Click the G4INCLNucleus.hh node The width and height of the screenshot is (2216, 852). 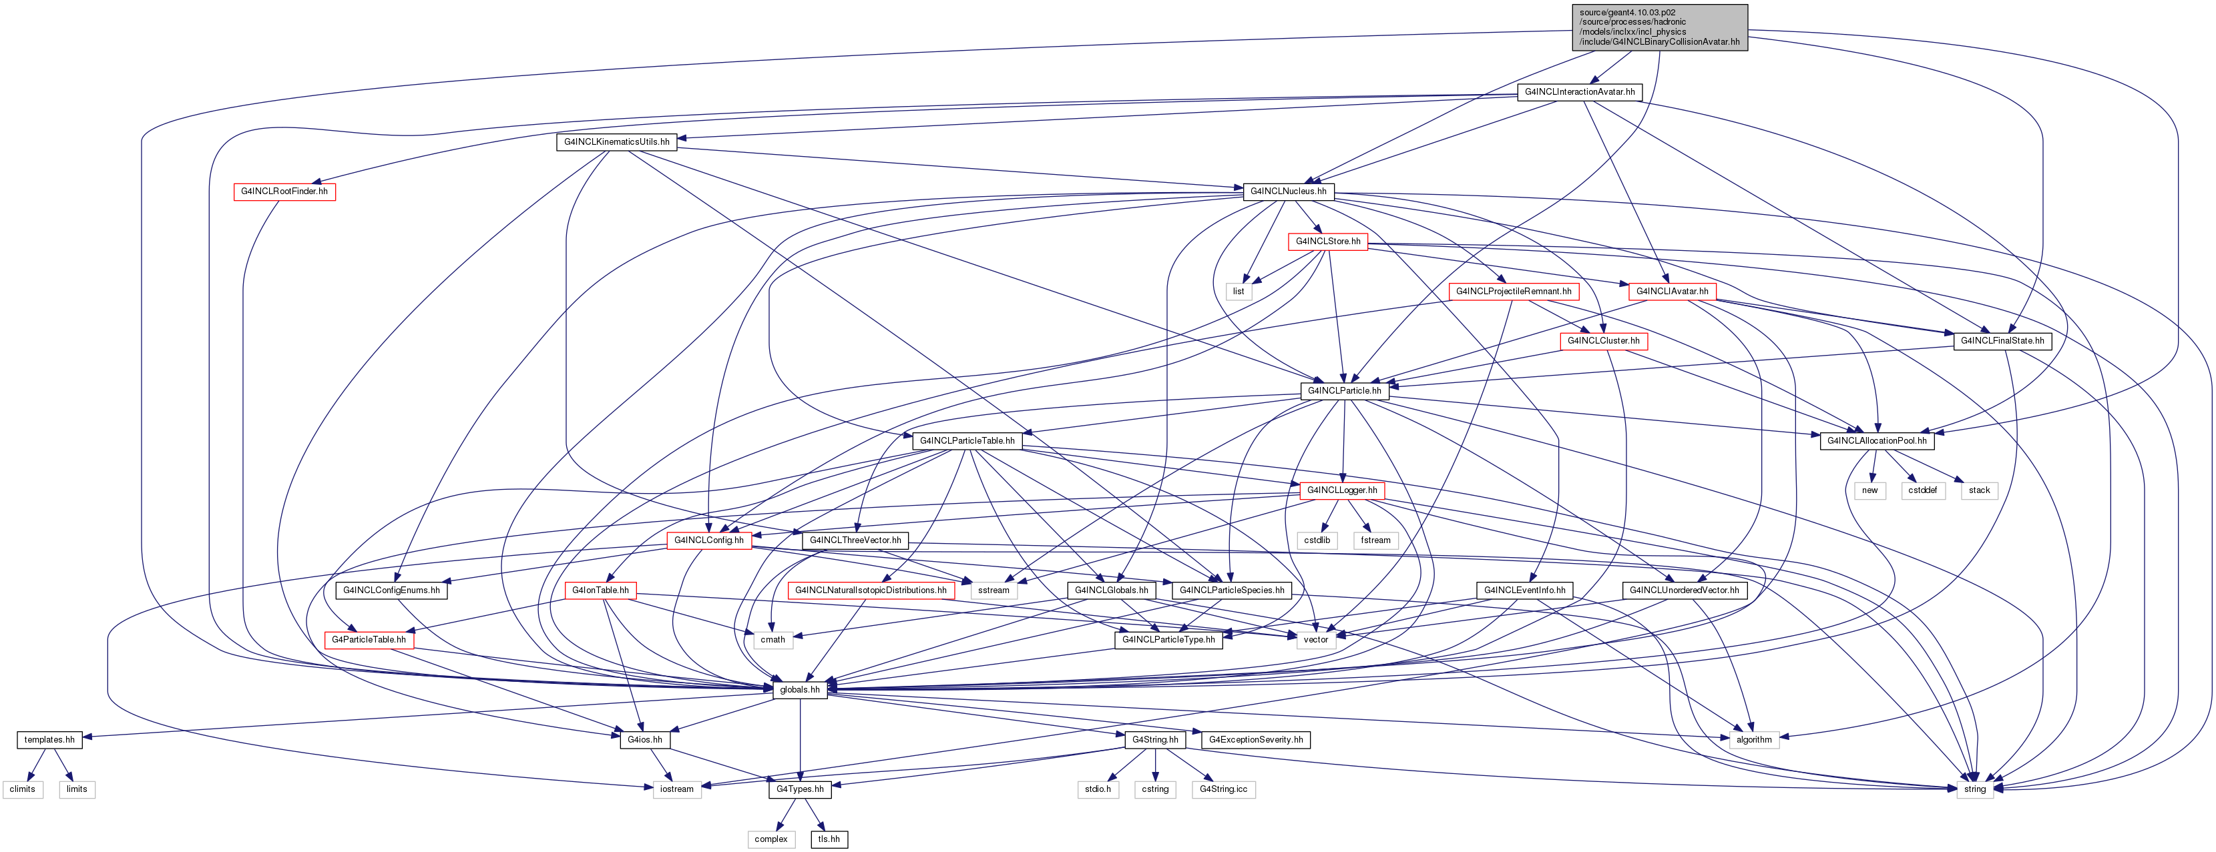point(1288,191)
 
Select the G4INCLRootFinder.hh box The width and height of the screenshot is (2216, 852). point(284,191)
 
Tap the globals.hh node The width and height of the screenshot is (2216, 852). point(800,689)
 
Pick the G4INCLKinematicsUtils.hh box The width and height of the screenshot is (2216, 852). point(617,142)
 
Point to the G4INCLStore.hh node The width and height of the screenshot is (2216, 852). point(1328,242)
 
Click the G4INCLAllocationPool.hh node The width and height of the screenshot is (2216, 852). point(1877,441)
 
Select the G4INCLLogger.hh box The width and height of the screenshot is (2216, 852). point(1342,491)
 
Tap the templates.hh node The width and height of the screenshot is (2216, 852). point(49,739)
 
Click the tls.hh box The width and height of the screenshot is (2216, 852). point(829,839)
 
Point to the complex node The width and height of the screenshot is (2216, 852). point(770,839)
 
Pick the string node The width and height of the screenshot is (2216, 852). point(1974,789)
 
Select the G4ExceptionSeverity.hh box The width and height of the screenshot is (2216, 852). point(1256,739)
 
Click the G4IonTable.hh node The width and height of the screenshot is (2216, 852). point(600,590)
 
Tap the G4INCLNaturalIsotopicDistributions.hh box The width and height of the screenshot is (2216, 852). point(871,590)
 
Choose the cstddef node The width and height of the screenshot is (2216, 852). point(1923,491)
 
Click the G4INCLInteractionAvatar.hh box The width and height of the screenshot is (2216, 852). point(1580,92)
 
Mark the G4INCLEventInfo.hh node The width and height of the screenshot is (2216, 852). point(1525,590)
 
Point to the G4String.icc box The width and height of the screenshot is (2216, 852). point(1223,789)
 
